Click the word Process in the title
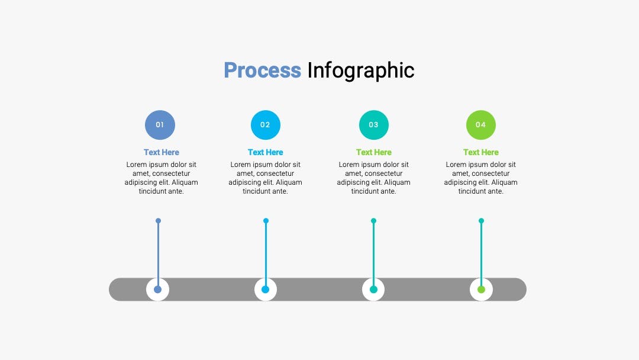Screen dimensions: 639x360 pos(263,70)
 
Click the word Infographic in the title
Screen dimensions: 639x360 pos(361,71)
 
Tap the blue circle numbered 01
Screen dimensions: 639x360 pos(160,125)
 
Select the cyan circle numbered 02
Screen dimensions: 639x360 pos(265,125)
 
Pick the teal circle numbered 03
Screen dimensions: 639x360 pos(374,125)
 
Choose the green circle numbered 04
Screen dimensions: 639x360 pos(481,125)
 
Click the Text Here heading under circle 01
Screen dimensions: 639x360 pos(162,152)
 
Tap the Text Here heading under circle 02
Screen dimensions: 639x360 pos(265,152)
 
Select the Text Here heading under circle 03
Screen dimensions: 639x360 pos(374,152)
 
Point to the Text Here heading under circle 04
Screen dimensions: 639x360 pos(481,152)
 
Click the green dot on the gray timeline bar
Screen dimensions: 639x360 pos(481,290)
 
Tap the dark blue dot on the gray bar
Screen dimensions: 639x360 pos(158,290)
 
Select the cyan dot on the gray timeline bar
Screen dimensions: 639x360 pos(265,290)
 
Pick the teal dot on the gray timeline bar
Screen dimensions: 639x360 pos(373,290)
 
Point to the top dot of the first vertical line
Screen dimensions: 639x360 pos(158,221)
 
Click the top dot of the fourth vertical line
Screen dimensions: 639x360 pos(481,221)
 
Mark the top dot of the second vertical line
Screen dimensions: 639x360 pos(266,221)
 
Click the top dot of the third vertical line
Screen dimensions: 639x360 pos(374,221)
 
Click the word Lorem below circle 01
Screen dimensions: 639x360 pos(137,164)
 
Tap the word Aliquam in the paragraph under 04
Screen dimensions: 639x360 pos(503,182)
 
